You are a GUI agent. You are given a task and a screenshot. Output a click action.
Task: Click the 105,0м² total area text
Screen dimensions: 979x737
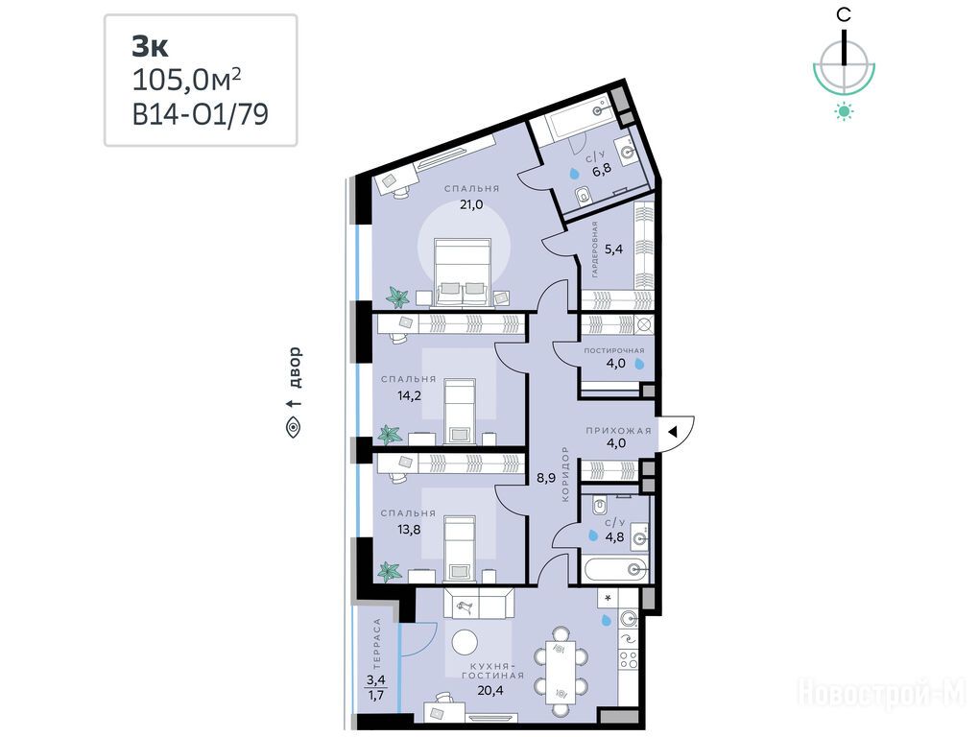point(187,80)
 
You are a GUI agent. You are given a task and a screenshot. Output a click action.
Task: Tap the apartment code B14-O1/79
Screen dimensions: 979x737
point(201,114)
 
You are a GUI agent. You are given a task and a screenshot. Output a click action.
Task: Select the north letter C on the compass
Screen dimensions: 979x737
point(844,14)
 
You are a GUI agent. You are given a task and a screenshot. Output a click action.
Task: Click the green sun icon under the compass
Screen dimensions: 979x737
point(844,111)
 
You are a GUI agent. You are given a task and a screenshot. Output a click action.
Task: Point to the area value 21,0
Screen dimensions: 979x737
point(471,204)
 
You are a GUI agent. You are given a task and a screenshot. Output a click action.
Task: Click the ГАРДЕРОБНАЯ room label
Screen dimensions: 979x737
point(595,249)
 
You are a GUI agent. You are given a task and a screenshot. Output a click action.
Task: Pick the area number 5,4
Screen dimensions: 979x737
point(613,249)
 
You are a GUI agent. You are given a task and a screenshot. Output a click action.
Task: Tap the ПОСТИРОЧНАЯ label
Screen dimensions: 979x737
point(613,350)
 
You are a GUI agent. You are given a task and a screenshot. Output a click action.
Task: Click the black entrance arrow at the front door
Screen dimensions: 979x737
point(673,431)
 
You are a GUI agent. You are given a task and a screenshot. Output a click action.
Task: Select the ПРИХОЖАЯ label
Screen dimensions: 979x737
point(618,431)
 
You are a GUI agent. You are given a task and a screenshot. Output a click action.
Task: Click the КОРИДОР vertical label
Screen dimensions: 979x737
point(565,474)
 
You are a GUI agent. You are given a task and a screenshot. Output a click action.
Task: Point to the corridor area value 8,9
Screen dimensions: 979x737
point(546,479)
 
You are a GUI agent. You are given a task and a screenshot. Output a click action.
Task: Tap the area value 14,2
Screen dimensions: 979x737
point(409,395)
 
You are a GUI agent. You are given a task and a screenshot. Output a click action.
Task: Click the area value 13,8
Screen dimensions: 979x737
point(409,530)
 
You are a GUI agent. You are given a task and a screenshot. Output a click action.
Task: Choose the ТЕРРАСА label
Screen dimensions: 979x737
point(376,644)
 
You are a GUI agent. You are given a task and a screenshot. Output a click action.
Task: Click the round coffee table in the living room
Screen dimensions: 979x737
point(465,642)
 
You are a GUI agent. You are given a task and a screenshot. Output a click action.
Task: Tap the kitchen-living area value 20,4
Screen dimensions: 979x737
point(490,690)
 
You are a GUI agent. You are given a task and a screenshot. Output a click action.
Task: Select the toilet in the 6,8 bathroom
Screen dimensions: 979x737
point(584,196)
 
